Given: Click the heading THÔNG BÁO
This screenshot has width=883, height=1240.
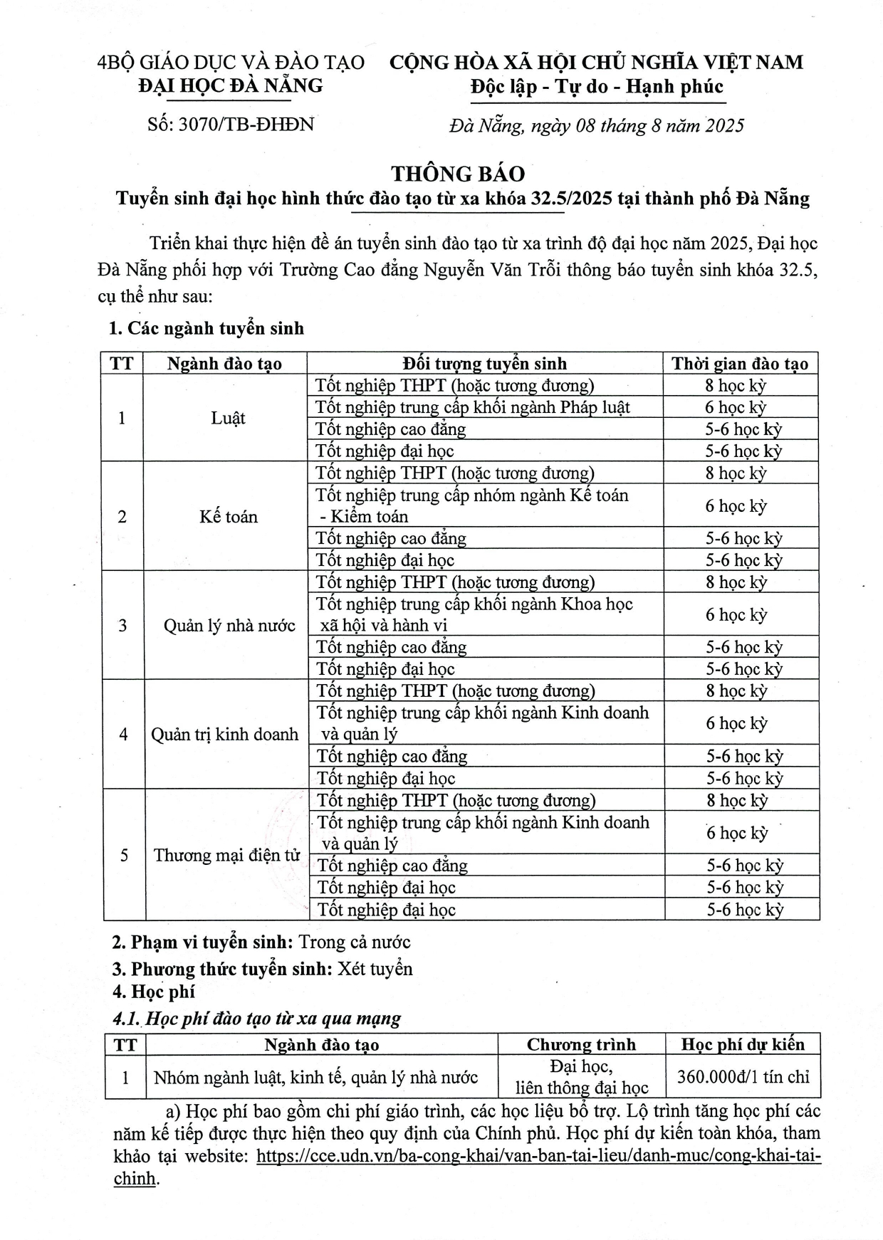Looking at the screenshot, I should pyautogui.click(x=458, y=174).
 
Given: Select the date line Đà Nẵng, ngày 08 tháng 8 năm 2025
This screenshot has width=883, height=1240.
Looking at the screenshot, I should pyautogui.click(x=596, y=126).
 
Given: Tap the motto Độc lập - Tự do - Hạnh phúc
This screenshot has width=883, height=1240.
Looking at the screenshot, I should pyautogui.click(x=596, y=87).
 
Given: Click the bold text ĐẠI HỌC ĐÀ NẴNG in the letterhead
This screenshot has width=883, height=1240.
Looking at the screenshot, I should pyautogui.click(x=231, y=85).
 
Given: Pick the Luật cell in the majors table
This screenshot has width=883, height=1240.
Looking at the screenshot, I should pyautogui.click(x=228, y=418).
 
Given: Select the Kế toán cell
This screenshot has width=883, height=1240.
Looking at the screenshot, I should pyautogui.click(x=228, y=516).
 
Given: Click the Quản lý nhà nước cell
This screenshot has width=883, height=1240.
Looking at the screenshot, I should pyautogui.click(x=229, y=626).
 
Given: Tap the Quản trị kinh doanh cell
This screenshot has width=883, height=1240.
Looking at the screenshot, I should pyautogui.click(x=224, y=734).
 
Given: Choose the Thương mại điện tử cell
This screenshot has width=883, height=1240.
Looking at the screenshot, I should pyautogui.click(x=226, y=855).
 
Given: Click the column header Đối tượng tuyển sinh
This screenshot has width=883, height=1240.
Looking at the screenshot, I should pyautogui.click(x=484, y=364).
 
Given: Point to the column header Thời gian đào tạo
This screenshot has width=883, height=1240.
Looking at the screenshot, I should pyautogui.click(x=740, y=364).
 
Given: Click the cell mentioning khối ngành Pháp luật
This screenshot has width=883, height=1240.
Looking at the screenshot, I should pyautogui.click(x=473, y=407).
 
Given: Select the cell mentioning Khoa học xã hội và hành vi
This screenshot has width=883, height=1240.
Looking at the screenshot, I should pyautogui.click(x=474, y=614).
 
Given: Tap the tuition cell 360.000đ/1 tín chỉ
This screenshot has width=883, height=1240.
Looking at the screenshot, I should pyautogui.click(x=743, y=1076).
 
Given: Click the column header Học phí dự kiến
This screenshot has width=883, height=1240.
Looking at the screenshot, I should pyautogui.click(x=743, y=1044).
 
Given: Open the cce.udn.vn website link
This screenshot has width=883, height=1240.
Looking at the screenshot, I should pyautogui.click(x=538, y=1156).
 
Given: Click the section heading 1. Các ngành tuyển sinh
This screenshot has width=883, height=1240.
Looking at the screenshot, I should pyautogui.click(x=206, y=328).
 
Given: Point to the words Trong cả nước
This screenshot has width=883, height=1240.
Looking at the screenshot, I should pyautogui.click(x=355, y=942).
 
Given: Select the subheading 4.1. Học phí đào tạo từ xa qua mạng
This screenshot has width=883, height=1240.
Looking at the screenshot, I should pyautogui.click(x=257, y=1019).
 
